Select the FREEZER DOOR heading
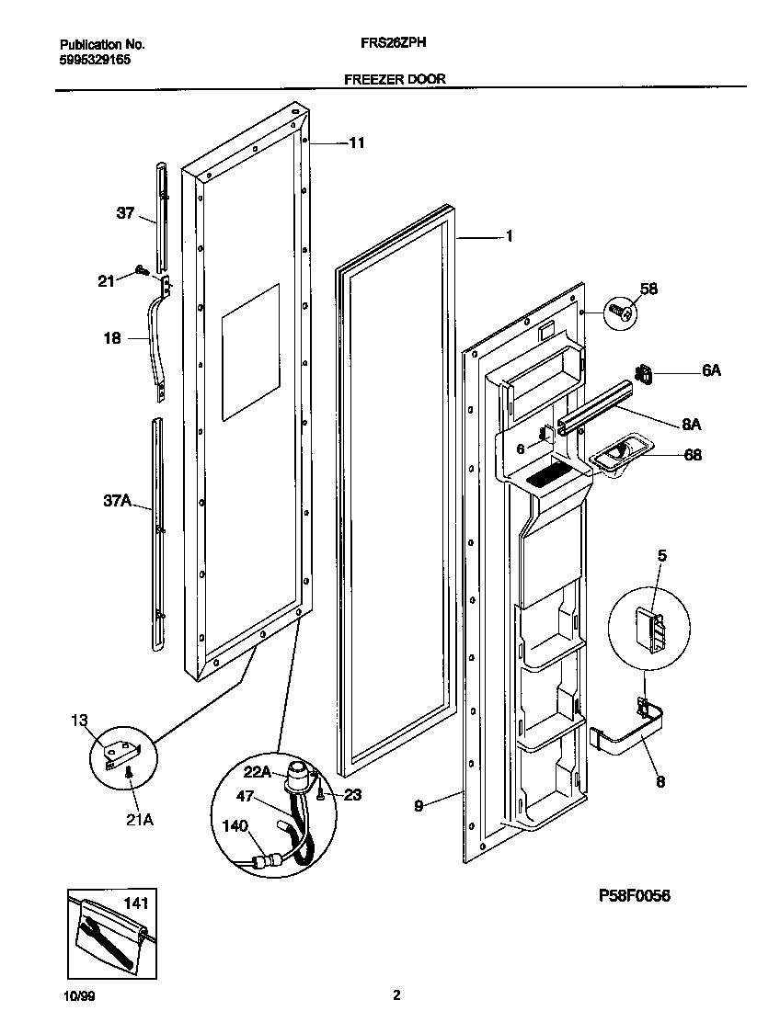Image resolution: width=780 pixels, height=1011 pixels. [395, 79]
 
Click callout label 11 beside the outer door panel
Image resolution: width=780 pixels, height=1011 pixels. [356, 142]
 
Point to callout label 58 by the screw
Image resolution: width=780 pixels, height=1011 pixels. [648, 290]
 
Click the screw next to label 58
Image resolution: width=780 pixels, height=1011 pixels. [620, 312]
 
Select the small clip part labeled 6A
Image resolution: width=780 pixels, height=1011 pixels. [644, 374]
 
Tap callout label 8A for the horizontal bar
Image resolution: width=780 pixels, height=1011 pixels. [692, 425]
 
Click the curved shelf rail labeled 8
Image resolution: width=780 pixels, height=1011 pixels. [625, 740]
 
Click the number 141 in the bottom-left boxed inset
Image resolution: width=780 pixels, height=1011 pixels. [135, 904]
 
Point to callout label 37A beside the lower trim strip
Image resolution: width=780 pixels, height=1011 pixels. [117, 502]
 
